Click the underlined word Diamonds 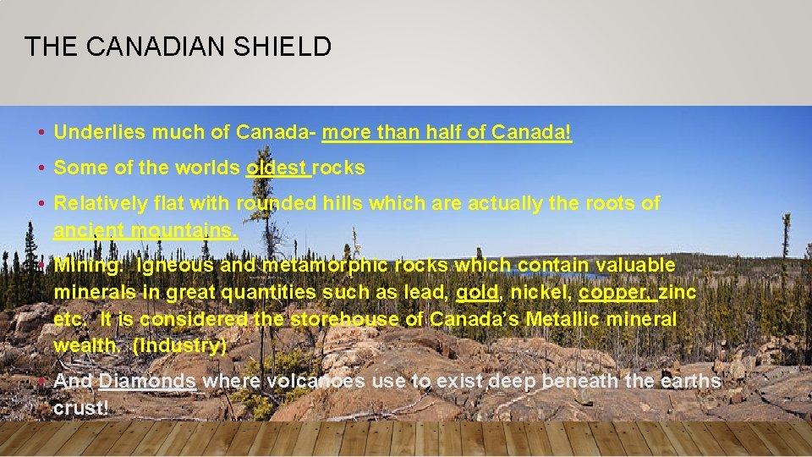click(148, 381)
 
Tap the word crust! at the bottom click(81, 408)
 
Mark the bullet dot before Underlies click(41, 133)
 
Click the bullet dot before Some click(41, 168)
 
